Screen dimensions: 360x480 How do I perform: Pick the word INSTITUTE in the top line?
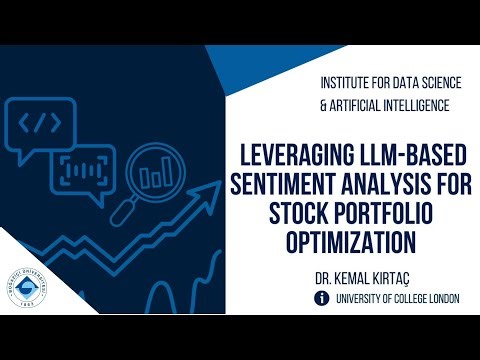(x=346, y=78)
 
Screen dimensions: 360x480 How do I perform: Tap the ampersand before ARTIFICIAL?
(x=323, y=104)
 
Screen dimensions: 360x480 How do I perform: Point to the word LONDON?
(x=433, y=298)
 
